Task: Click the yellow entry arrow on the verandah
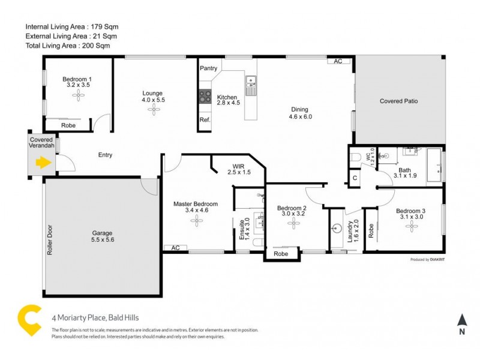point(42,162)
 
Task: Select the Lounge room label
point(152,93)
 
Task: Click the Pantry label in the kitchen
point(208,68)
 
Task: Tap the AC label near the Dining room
point(338,61)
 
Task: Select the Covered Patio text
point(398,101)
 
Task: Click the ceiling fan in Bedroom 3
point(412,226)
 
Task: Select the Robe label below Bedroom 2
point(280,254)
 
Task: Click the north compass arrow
point(461,321)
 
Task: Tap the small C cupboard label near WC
point(355,178)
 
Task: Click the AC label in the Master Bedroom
point(175,247)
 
